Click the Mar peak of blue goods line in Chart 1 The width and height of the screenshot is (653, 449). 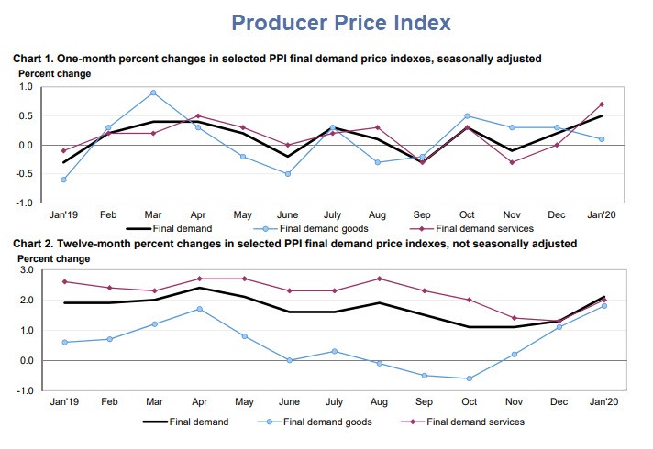coord(153,93)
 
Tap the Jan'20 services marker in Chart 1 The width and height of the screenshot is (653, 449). coord(602,104)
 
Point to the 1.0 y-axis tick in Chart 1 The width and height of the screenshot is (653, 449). coord(25,87)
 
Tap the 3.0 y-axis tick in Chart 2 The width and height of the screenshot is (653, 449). coord(25,270)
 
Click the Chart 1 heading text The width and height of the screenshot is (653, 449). coord(276,59)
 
